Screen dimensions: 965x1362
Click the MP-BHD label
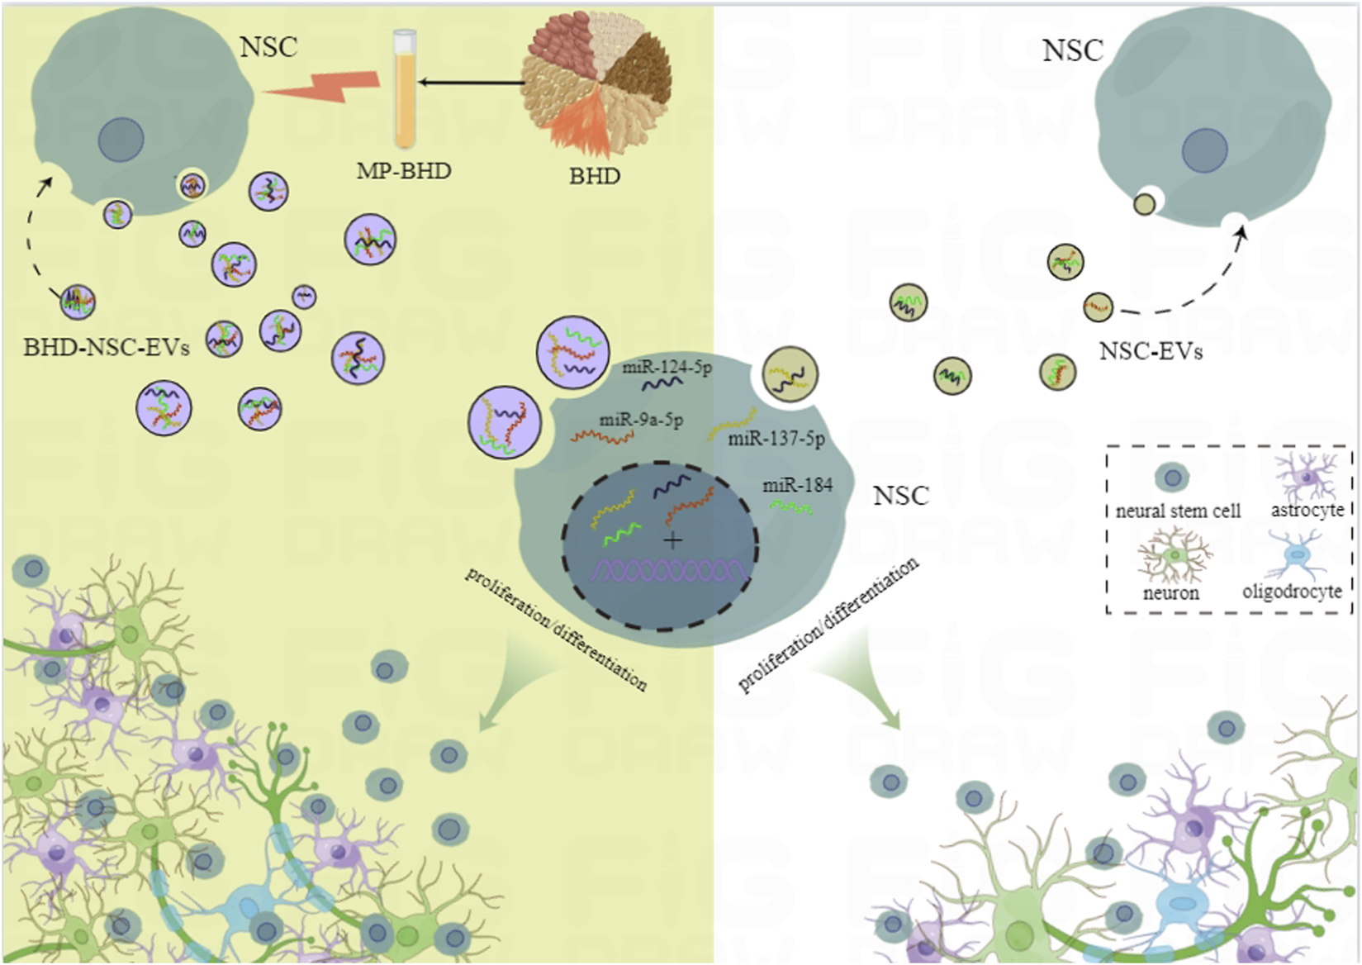coord(404,171)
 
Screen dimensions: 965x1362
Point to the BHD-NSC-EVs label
coord(107,348)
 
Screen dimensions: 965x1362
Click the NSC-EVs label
coord(1151,352)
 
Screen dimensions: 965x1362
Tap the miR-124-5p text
coord(667,367)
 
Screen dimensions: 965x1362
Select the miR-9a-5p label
coord(641,420)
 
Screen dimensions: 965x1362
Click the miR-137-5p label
coord(776,439)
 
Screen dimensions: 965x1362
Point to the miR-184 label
coord(797,486)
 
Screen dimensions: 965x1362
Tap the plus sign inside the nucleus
coord(673,542)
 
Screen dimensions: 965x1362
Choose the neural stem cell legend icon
coord(1171,477)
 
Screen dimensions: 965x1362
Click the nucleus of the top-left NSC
coord(121,140)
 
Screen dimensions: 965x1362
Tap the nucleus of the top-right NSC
coord(1204,151)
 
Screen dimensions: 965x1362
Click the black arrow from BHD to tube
coord(471,82)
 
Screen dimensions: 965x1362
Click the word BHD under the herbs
coord(595,176)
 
